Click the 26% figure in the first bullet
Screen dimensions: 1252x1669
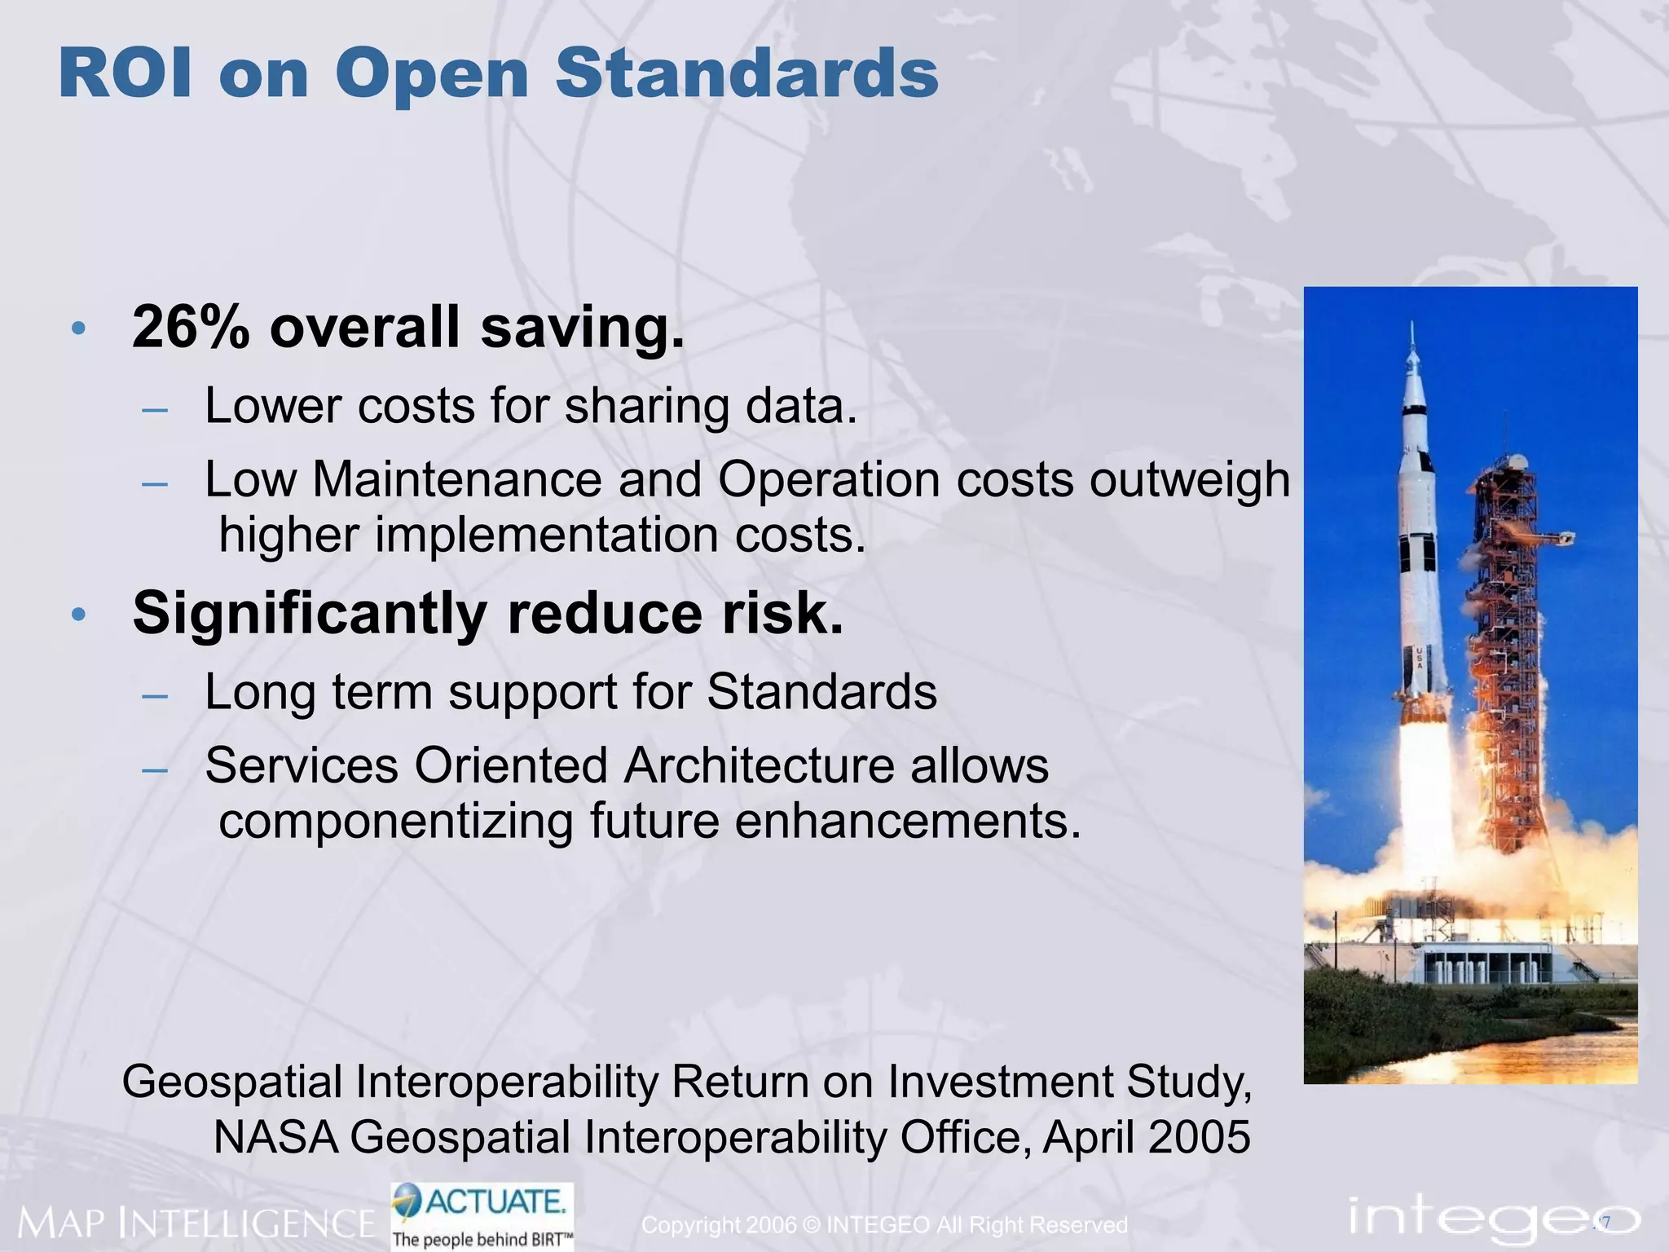[191, 328]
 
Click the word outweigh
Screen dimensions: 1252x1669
[1190, 479]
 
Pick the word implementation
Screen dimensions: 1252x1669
[547, 536]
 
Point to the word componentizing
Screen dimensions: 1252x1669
[396, 821]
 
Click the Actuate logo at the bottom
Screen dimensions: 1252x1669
[482, 1215]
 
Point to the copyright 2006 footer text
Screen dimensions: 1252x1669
[884, 1225]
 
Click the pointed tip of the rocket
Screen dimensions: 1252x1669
[1412, 326]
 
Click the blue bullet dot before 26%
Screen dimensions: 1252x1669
[78, 329]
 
